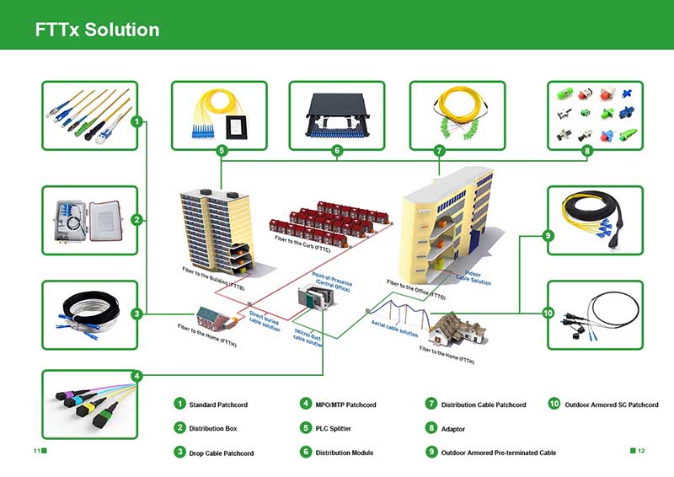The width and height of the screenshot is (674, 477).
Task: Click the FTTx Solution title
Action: tap(97, 29)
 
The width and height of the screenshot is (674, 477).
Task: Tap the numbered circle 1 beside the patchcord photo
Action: tap(136, 121)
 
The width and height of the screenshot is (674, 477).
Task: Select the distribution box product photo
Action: tap(89, 220)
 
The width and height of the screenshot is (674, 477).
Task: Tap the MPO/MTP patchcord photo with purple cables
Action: tap(89, 405)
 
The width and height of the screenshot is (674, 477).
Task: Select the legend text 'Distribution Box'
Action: tap(212, 429)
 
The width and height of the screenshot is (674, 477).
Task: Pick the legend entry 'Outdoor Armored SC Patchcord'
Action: tap(611, 405)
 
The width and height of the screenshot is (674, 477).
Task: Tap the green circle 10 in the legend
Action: tap(554, 405)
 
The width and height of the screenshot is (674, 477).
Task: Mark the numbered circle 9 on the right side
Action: tap(548, 237)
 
